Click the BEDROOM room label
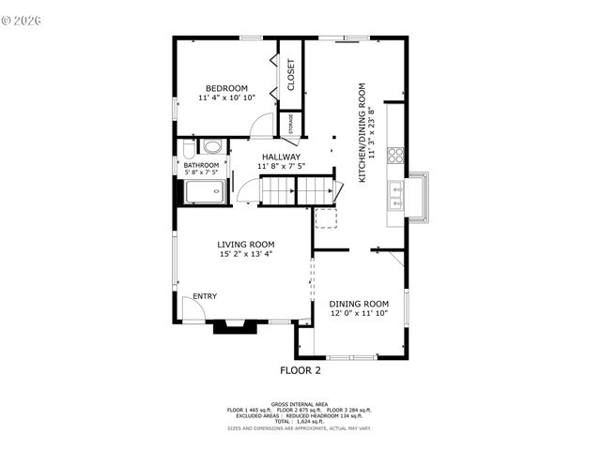click(226, 88)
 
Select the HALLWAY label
click(281, 157)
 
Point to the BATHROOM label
click(201, 164)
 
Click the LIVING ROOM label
click(246, 244)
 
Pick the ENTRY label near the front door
click(205, 296)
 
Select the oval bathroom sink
click(213, 147)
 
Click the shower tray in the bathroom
click(204, 192)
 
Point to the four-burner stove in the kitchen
click(396, 155)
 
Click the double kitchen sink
click(396, 197)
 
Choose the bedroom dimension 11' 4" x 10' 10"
click(226, 97)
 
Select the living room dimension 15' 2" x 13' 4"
click(246, 253)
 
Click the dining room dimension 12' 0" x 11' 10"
click(359, 313)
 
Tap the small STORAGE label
click(290, 124)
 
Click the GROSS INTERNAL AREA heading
click(300, 404)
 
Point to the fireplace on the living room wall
click(231, 327)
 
